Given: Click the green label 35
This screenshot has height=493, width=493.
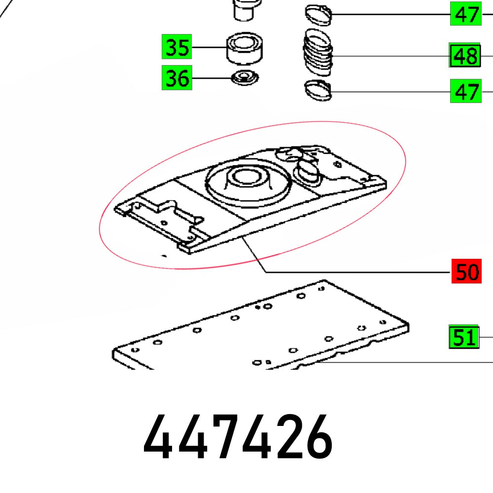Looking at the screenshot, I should coord(177,48).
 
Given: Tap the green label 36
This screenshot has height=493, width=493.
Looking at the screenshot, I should coord(177,78).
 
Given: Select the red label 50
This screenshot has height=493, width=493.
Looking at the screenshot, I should coord(466,272).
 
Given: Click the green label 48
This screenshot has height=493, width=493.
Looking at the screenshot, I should coord(465,56).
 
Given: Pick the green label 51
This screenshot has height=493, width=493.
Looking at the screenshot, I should coord(463,337).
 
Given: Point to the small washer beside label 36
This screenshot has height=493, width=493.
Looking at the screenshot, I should coord(246,78).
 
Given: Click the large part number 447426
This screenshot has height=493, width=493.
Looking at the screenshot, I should coord(238,437).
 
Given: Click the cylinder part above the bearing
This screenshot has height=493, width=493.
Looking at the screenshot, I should coord(245,10).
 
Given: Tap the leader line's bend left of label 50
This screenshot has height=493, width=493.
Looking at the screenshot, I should coord(265,272).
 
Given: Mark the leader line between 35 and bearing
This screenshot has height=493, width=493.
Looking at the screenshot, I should coord(210,48).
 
